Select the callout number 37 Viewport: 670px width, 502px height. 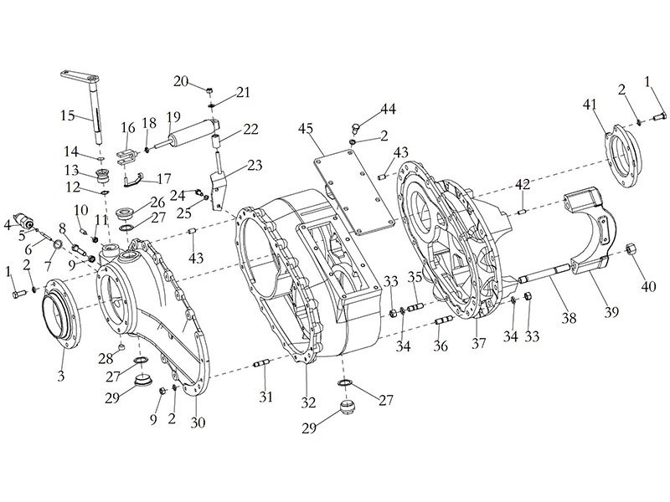pyautogui.click(x=479, y=342)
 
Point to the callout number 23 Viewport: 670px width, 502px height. pyautogui.click(x=254, y=165)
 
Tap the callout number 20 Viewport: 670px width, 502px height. pyautogui.click(x=181, y=80)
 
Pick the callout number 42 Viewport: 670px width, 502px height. pyautogui.click(x=523, y=184)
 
